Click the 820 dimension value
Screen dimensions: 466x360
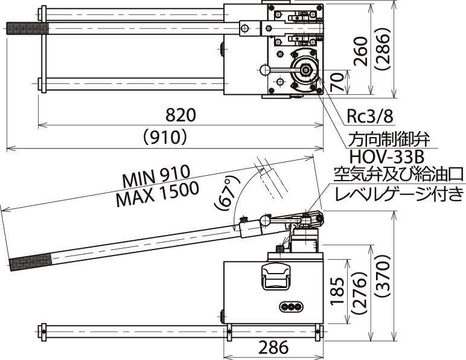(181, 115)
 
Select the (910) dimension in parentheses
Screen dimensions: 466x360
(165, 137)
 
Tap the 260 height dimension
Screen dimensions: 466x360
(360, 51)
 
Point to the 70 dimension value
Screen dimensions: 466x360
(337, 82)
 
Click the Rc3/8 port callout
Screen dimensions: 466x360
(370, 117)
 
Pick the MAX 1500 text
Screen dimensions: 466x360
(158, 194)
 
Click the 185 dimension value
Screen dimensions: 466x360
(337, 291)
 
